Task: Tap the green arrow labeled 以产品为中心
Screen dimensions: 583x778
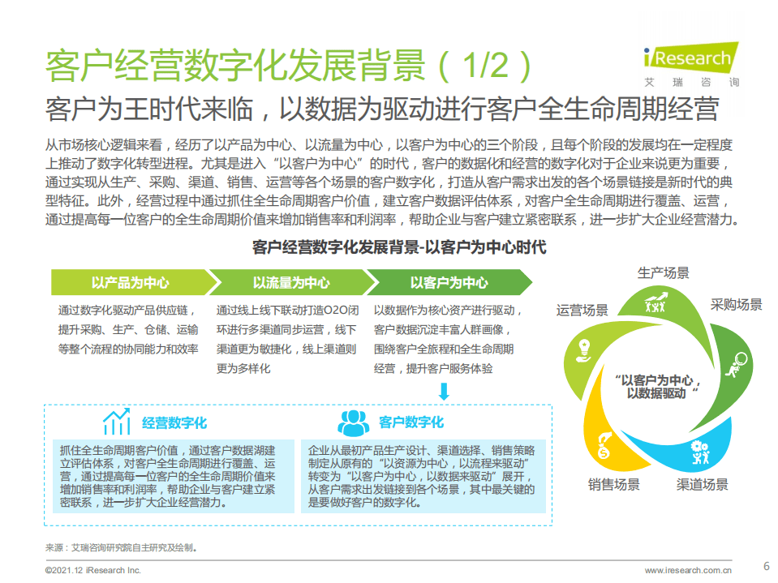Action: coord(130,283)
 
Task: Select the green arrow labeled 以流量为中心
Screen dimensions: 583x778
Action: coord(290,283)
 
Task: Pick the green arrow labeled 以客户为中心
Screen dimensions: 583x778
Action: coord(449,283)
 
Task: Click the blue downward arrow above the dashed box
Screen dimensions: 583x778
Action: coord(444,392)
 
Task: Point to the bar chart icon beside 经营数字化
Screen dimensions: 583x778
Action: coord(117,422)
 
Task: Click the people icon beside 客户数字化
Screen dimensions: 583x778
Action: coord(354,422)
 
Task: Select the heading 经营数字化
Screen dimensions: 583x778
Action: coord(174,422)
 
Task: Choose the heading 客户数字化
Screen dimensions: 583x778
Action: coord(411,422)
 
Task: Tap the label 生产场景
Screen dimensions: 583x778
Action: coord(663,272)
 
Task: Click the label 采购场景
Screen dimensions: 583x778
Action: coord(736,305)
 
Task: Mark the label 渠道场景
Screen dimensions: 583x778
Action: coord(703,485)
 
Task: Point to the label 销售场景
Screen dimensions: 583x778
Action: coord(613,485)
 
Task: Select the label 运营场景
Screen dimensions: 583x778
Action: coord(582,310)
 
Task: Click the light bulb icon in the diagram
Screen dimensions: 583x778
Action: coord(582,349)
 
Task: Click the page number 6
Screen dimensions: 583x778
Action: coord(766,566)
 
